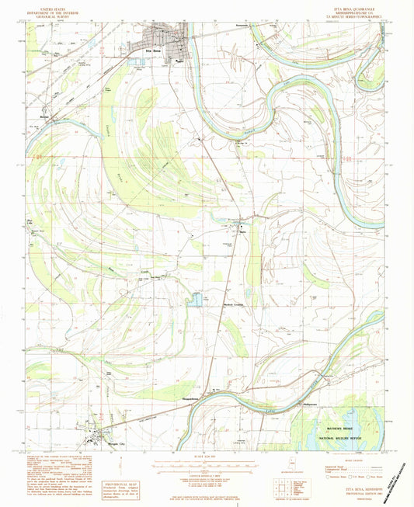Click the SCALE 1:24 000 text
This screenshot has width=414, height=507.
click(206, 454)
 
